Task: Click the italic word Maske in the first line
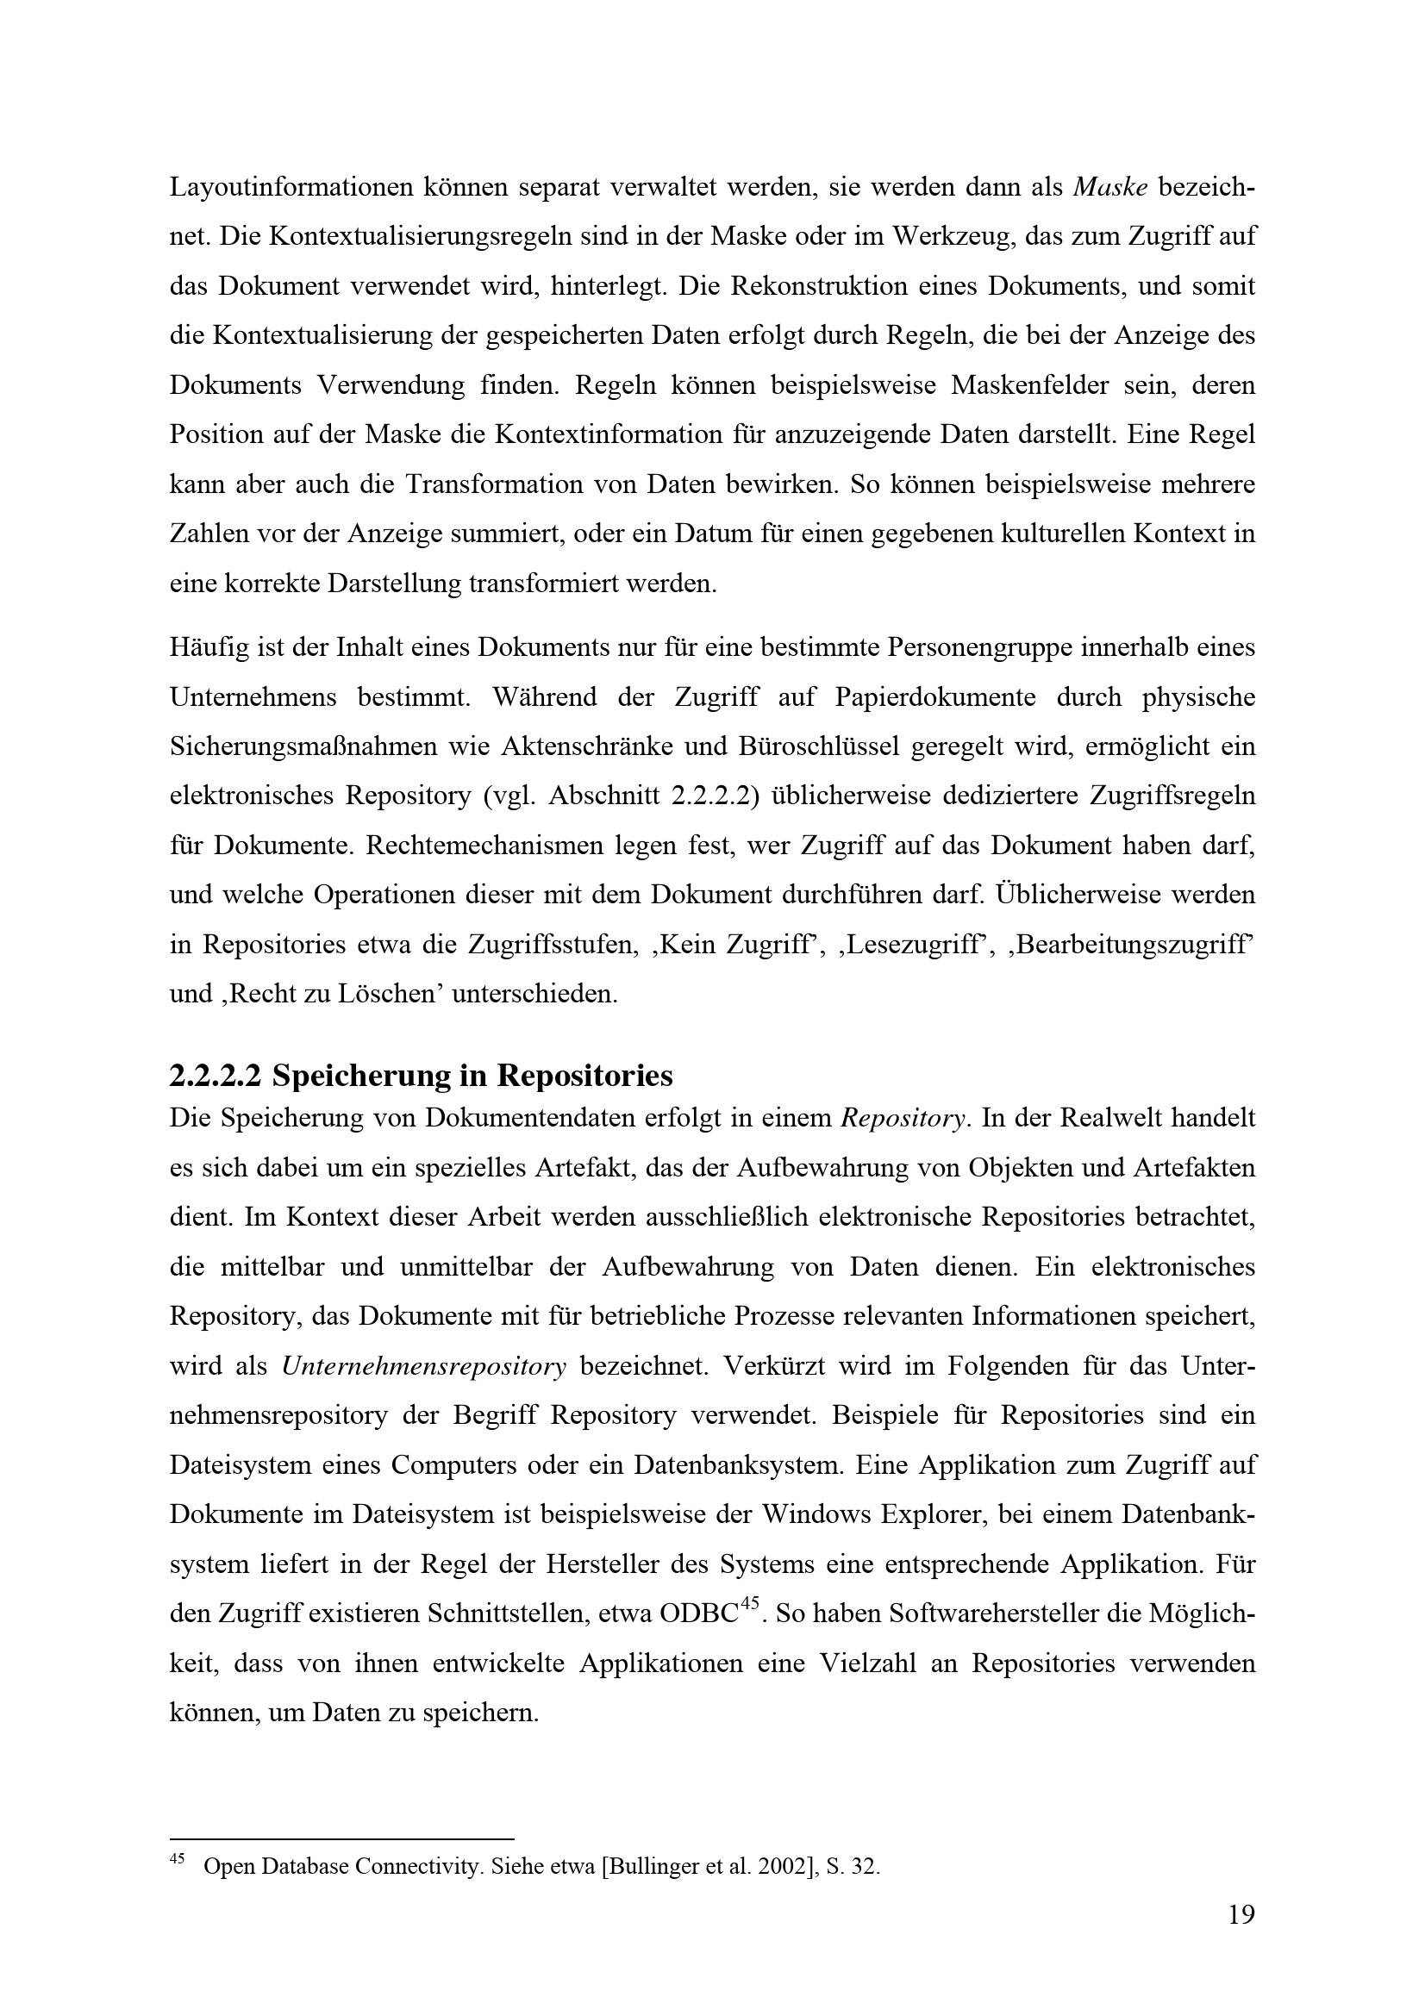tap(1109, 187)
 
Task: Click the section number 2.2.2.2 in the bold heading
tap(216, 1076)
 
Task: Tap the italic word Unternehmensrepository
tap(424, 1367)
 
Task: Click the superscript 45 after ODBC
tap(749, 1604)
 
